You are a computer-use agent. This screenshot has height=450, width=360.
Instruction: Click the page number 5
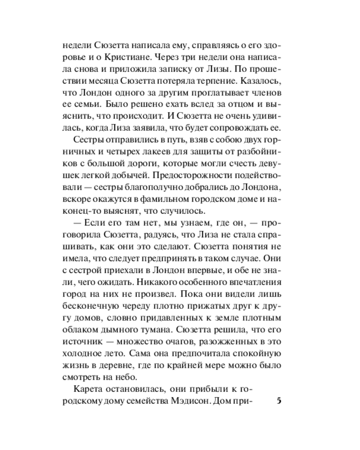tap(279, 401)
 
